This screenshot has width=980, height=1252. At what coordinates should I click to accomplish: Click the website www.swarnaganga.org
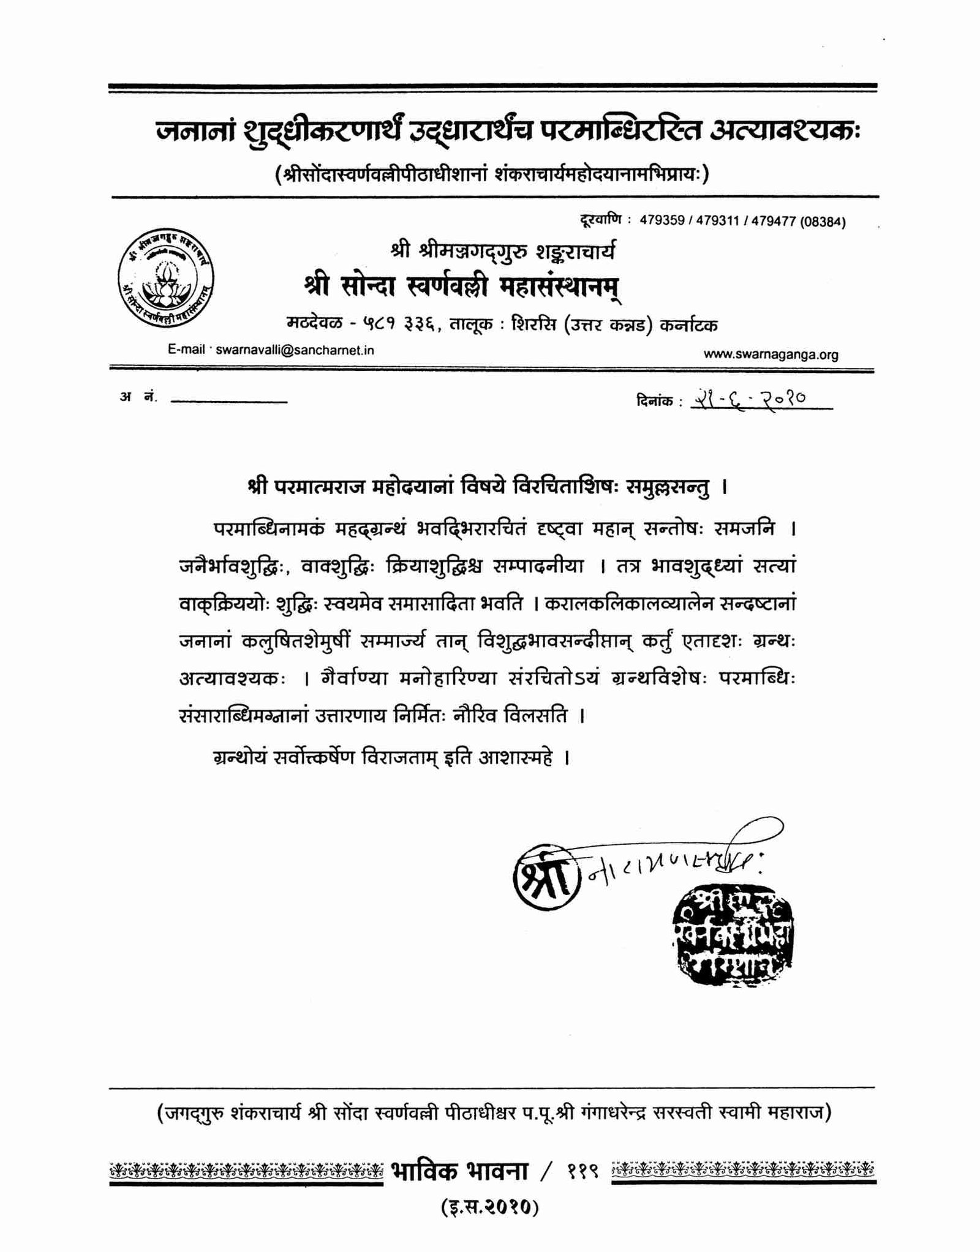tap(771, 354)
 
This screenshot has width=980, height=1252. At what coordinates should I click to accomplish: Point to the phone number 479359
tap(662, 221)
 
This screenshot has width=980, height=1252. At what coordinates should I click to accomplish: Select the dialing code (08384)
tap(823, 222)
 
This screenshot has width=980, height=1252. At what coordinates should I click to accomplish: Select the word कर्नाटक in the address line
tap(688, 324)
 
